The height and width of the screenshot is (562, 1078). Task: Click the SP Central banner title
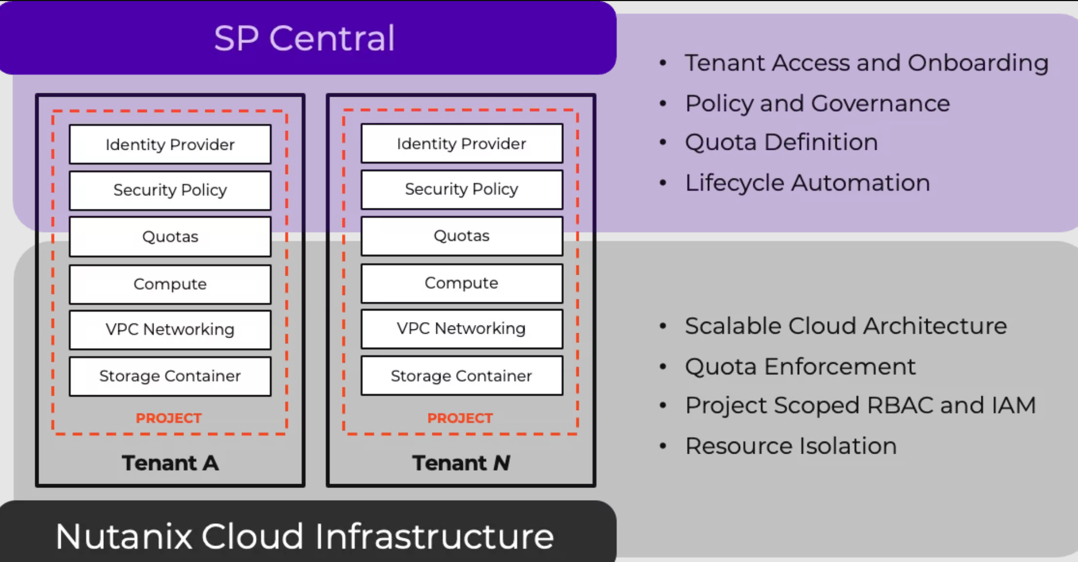304,38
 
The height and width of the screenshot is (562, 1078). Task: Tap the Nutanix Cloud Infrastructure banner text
304,536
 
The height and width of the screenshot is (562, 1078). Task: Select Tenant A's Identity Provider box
170,145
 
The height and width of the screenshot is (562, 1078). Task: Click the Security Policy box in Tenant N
462,190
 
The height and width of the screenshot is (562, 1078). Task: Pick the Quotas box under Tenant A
170,237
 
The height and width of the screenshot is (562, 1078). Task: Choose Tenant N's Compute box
462,283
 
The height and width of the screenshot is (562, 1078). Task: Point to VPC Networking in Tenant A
170,329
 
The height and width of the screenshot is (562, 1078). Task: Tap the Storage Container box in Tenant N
462,376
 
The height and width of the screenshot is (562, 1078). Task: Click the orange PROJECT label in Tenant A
169,418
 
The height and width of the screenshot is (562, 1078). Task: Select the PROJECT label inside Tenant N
460,418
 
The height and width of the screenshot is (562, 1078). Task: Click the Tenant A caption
170,463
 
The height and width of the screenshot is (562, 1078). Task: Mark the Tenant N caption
461,463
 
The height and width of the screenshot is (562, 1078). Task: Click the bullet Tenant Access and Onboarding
866,63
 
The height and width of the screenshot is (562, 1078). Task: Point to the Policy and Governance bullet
817,103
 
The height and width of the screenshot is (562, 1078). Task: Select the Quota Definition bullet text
781,143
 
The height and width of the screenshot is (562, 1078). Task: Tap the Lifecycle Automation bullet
807,183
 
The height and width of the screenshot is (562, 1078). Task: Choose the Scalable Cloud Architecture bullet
846,326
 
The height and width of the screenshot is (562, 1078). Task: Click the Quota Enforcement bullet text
800,366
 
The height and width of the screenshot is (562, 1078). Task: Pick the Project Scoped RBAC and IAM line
860,406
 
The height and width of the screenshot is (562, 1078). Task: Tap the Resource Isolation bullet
791,446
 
